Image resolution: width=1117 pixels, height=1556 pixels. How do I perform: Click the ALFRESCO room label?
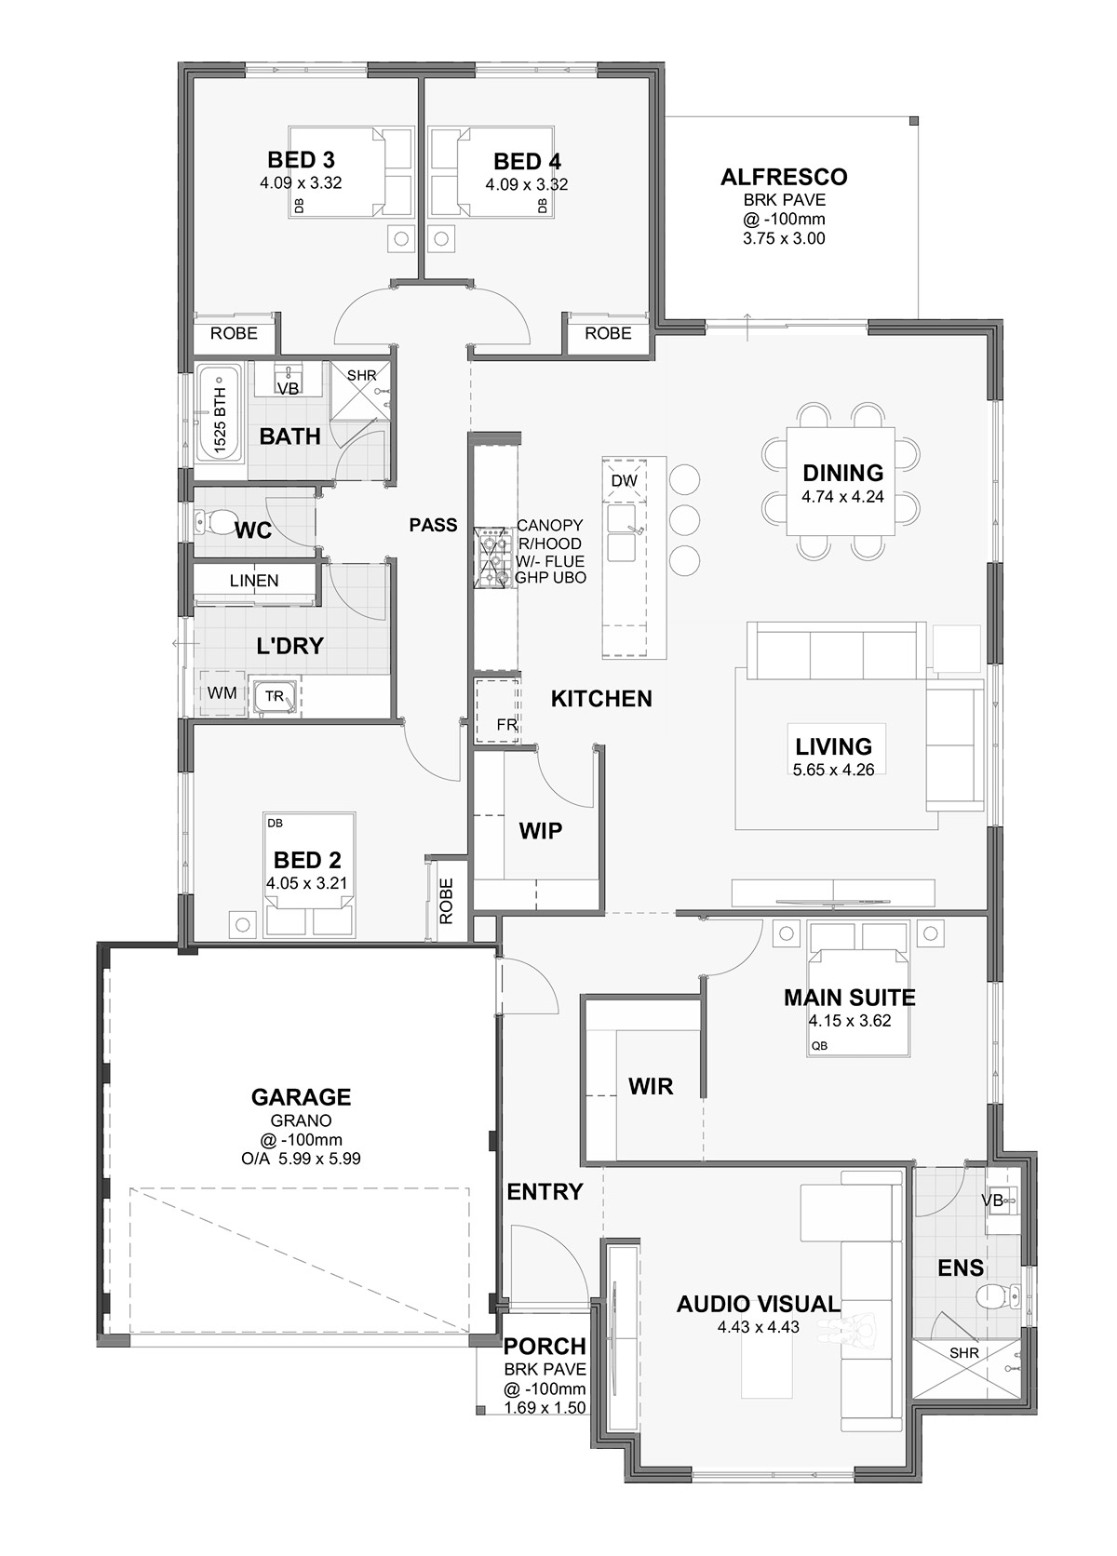(784, 177)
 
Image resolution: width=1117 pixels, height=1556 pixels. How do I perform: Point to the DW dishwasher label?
(624, 480)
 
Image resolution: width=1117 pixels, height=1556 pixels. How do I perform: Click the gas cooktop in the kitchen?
(494, 557)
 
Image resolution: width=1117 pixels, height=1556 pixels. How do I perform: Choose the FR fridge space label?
(506, 725)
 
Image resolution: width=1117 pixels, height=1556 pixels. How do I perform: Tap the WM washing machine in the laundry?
(222, 692)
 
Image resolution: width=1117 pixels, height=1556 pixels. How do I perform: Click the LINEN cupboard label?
(254, 581)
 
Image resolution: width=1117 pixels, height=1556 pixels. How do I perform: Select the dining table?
(841, 481)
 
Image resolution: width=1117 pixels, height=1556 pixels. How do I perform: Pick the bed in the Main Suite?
(858, 987)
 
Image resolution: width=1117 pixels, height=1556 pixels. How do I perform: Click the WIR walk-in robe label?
(651, 1086)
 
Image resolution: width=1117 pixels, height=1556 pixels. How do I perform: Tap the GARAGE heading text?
(301, 1097)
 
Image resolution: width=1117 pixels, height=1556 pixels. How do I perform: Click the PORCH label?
(545, 1347)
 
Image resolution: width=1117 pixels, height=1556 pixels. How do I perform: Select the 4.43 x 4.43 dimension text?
(758, 1327)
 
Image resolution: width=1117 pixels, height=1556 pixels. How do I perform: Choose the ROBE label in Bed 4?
(608, 333)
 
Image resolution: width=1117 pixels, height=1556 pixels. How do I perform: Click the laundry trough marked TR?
(276, 697)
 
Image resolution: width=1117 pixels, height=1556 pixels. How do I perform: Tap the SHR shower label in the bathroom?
(361, 375)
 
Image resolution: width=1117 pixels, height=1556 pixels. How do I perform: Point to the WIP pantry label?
(541, 830)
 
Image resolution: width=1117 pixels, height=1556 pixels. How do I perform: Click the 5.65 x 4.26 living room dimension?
(834, 769)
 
